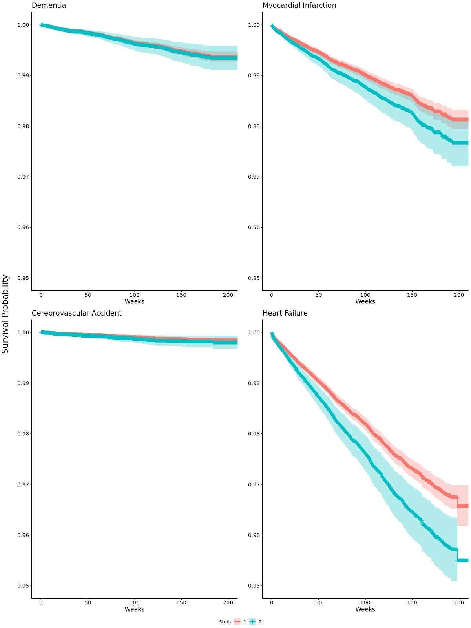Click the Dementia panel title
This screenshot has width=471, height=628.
tap(49, 5)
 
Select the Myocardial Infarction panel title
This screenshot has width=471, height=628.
tap(299, 5)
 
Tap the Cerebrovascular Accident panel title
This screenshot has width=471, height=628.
tap(77, 313)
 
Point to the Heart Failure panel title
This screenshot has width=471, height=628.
tap(285, 313)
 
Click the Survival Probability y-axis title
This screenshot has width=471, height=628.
tap(5, 314)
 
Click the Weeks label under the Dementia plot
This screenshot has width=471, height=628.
tap(134, 301)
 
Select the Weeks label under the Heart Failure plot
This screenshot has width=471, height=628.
tap(365, 609)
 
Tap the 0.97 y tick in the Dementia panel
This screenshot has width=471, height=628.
tap(23, 177)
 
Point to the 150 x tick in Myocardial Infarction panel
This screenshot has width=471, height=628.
tap(412, 295)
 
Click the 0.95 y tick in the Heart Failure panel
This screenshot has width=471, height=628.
tap(254, 586)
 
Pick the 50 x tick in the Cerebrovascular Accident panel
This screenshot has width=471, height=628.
tap(88, 602)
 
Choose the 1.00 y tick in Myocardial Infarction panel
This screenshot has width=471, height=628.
tap(254, 25)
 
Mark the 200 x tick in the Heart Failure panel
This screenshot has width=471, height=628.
tap(458, 602)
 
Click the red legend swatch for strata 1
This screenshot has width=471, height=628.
tap(237, 622)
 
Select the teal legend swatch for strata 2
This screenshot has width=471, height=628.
tap(252, 622)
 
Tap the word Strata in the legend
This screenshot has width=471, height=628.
tap(226, 622)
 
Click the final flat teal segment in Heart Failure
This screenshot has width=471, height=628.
tap(463, 560)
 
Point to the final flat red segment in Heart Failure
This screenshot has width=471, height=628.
tap(463, 506)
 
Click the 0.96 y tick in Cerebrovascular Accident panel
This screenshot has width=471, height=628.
tap(23, 535)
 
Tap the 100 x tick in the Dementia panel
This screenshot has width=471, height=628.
tap(134, 295)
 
